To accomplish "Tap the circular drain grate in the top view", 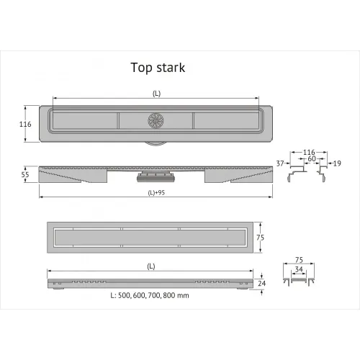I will tap(156, 122).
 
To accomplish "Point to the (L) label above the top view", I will tap(156, 94).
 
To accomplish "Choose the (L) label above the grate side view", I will tap(150, 266).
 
